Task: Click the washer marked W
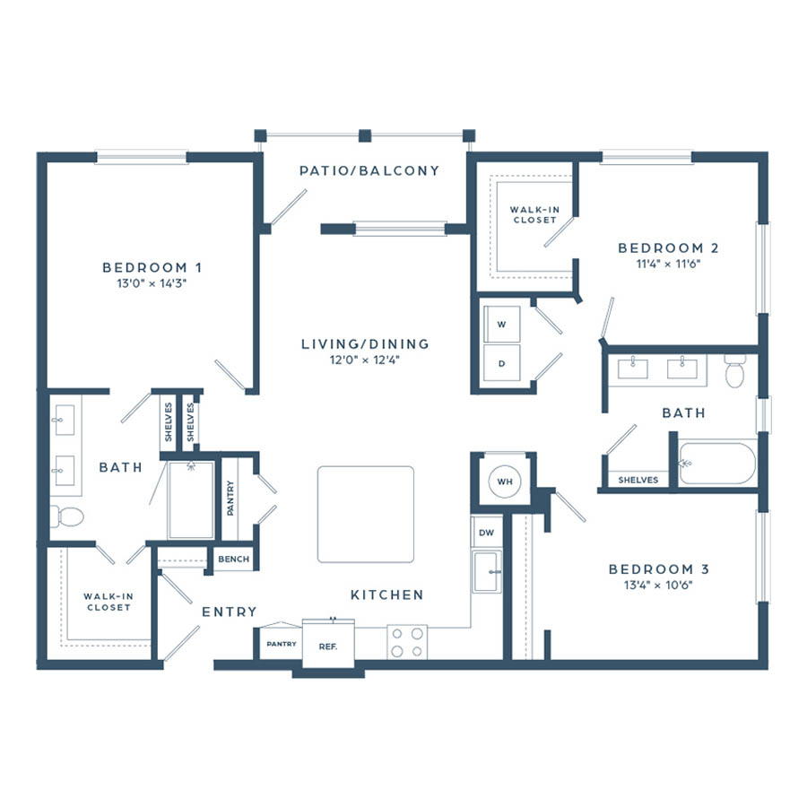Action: click(502, 324)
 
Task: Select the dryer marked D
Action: click(502, 363)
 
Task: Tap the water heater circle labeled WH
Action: click(504, 482)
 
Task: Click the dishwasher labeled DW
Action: click(486, 532)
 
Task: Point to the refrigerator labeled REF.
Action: click(328, 644)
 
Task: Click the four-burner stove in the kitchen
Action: click(407, 642)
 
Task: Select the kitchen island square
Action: click(366, 514)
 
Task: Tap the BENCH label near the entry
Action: click(234, 559)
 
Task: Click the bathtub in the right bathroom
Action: click(717, 464)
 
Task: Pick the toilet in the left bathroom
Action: click(67, 516)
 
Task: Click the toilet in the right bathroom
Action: click(734, 370)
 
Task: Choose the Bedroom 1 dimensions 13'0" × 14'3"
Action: click(152, 283)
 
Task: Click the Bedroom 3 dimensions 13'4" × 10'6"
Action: click(658, 585)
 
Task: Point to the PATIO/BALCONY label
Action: click(369, 170)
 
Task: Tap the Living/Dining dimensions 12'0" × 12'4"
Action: click(365, 360)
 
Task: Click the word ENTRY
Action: click(229, 612)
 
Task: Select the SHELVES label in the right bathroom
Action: click(638, 480)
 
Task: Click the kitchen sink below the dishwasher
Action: click(487, 572)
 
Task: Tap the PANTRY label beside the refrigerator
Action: click(282, 644)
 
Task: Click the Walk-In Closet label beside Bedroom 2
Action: click(534, 214)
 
